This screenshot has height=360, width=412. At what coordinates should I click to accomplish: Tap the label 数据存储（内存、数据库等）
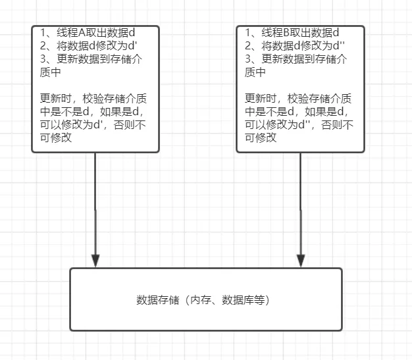205,300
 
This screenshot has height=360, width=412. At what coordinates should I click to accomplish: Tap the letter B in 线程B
288,33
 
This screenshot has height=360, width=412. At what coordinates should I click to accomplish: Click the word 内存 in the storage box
198,300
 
